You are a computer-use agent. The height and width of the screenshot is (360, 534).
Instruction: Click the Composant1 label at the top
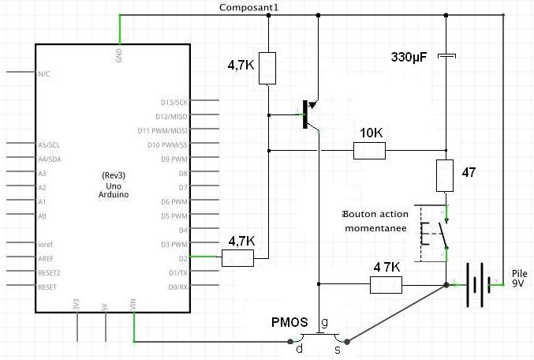click(248, 7)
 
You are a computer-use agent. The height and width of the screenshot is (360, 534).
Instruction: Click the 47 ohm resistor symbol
click(446, 175)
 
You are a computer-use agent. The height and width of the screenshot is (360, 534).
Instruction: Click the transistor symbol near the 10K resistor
click(308, 114)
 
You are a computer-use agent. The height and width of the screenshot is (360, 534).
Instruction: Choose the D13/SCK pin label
click(174, 102)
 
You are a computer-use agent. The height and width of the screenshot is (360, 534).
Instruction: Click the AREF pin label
click(46, 258)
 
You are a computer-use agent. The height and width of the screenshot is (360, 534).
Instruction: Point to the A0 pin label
click(43, 216)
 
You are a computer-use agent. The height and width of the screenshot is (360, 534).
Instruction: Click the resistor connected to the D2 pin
click(237, 257)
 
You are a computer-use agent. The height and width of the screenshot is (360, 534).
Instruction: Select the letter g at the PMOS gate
click(324, 323)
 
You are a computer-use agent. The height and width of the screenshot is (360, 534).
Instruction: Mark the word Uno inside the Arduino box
click(110, 184)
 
